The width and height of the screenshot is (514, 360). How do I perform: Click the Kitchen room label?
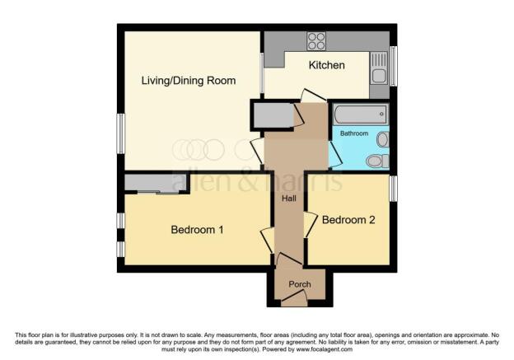tap(326, 65)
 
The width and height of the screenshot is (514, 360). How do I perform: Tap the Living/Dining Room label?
tap(189, 81)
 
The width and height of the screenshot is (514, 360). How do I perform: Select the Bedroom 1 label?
tap(197, 230)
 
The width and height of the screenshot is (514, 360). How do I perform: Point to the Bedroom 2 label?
tap(348, 220)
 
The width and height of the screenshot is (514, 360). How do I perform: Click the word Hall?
tap(289, 199)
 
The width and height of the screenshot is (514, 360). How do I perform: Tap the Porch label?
tap(300, 284)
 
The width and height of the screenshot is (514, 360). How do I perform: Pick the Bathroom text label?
tap(354, 133)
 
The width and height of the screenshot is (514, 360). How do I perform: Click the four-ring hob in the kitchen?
tap(316, 41)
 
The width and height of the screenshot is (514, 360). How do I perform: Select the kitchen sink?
tap(379, 68)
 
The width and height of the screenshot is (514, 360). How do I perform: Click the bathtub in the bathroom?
tap(361, 115)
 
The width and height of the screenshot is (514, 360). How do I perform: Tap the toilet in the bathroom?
tap(377, 161)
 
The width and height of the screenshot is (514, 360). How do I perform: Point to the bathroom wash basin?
tap(382, 140)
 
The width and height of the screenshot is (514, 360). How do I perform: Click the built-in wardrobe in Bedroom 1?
tap(156, 183)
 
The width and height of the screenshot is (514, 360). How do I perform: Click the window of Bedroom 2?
tap(394, 189)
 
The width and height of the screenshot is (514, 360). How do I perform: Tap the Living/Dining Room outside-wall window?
tap(121, 133)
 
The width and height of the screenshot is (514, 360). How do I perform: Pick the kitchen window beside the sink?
tap(394, 66)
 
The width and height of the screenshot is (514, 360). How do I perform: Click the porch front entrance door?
tap(294, 298)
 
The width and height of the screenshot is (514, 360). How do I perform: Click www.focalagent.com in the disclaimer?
tap(325, 349)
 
